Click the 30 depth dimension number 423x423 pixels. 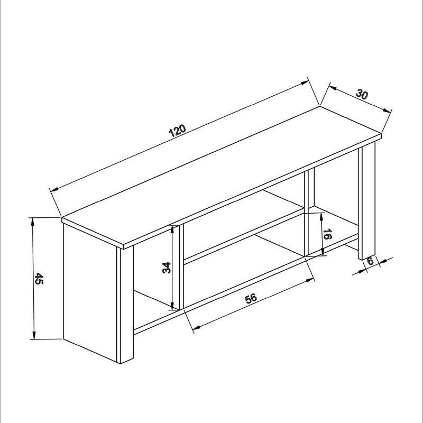point(362,95)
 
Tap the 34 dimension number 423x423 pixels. point(166,268)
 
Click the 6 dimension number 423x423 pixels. point(370,261)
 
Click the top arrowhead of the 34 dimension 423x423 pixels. point(172,228)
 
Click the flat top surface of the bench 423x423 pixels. point(222,174)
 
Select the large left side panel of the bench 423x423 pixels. point(90,291)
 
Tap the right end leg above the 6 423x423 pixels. point(366,201)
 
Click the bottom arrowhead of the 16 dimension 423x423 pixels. point(322,253)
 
